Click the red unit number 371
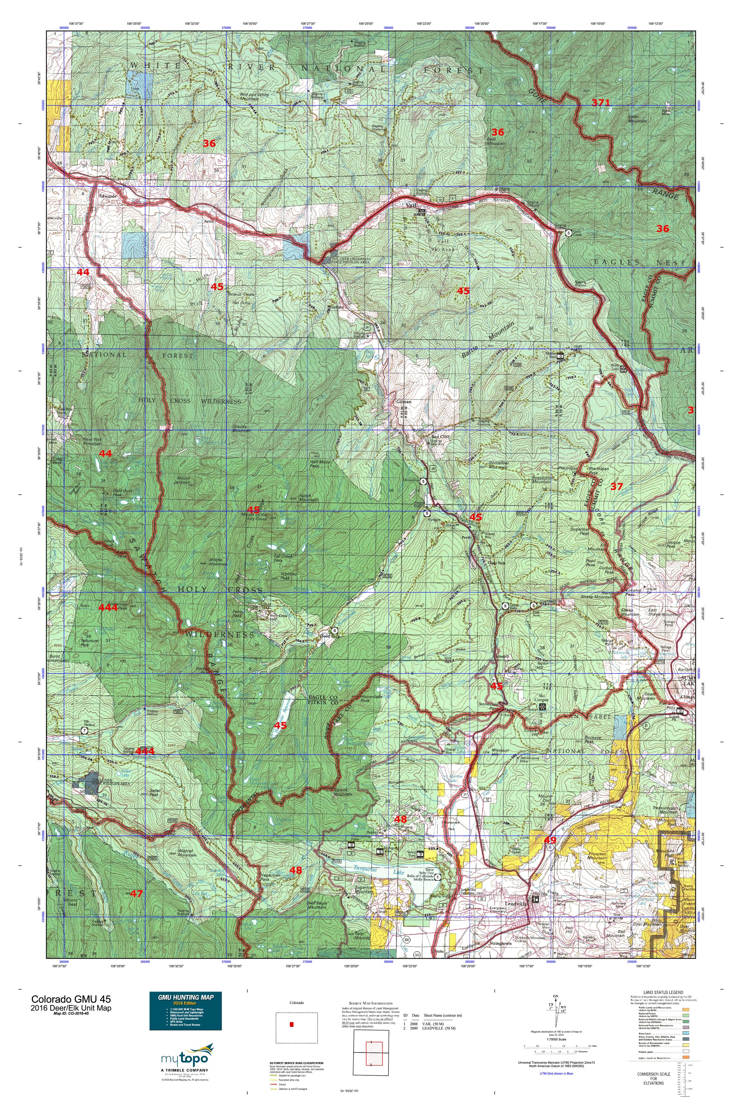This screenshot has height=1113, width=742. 601,102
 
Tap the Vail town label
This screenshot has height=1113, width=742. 411,206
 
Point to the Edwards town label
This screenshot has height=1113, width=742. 108,196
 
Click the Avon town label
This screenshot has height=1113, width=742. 209,221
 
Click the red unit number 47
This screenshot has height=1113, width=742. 136,893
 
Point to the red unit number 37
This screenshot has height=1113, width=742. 617,486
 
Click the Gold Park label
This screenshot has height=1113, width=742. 330,636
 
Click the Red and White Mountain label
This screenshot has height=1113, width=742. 255,97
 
